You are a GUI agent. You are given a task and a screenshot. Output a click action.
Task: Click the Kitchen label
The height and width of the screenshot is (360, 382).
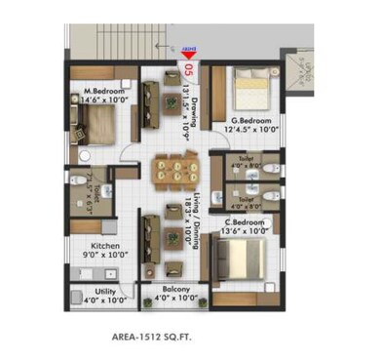(x=106, y=246)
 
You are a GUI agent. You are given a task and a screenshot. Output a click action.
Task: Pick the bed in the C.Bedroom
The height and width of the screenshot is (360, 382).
(x=244, y=259)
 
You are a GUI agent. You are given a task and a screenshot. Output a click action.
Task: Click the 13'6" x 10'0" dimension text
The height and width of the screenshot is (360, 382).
(x=244, y=231)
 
